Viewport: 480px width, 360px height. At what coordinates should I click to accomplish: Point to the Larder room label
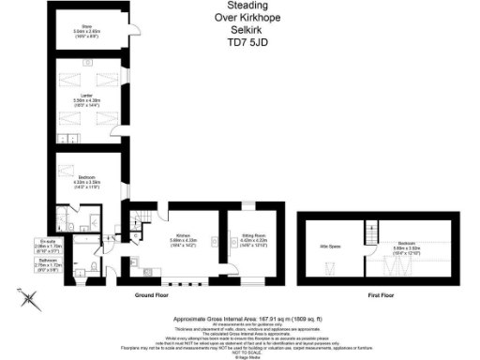pyautogui.click(x=86, y=97)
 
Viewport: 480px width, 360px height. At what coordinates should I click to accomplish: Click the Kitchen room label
pyautogui.click(x=177, y=237)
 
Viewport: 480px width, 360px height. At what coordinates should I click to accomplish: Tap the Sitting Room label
pyautogui.click(x=243, y=237)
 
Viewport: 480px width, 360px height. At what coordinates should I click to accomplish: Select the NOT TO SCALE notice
pyautogui.click(x=239, y=349)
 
